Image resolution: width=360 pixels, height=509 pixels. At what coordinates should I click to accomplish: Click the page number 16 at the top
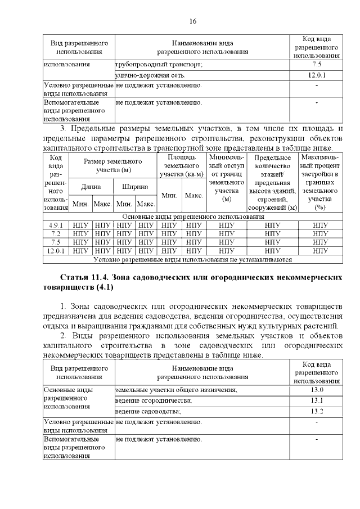(x=192, y=21)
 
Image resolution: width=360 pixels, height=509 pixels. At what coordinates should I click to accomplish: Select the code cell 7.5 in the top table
(x=317, y=65)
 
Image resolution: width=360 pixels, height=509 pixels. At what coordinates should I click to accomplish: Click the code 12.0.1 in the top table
(x=317, y=75)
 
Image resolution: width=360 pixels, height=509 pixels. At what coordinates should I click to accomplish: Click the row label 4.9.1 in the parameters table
(x=55, y=225)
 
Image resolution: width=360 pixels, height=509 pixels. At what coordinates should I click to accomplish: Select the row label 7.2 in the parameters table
(x=55, y=233)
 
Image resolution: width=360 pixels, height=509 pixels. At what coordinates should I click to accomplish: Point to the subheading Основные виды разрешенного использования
(x=193, y=217)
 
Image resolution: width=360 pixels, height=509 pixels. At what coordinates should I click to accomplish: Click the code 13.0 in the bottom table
(x=317, y=390)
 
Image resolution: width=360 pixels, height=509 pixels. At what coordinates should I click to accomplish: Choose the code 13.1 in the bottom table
(x=317, y=400)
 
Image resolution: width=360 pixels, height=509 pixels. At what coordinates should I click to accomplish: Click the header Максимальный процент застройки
(x=320, y=181)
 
